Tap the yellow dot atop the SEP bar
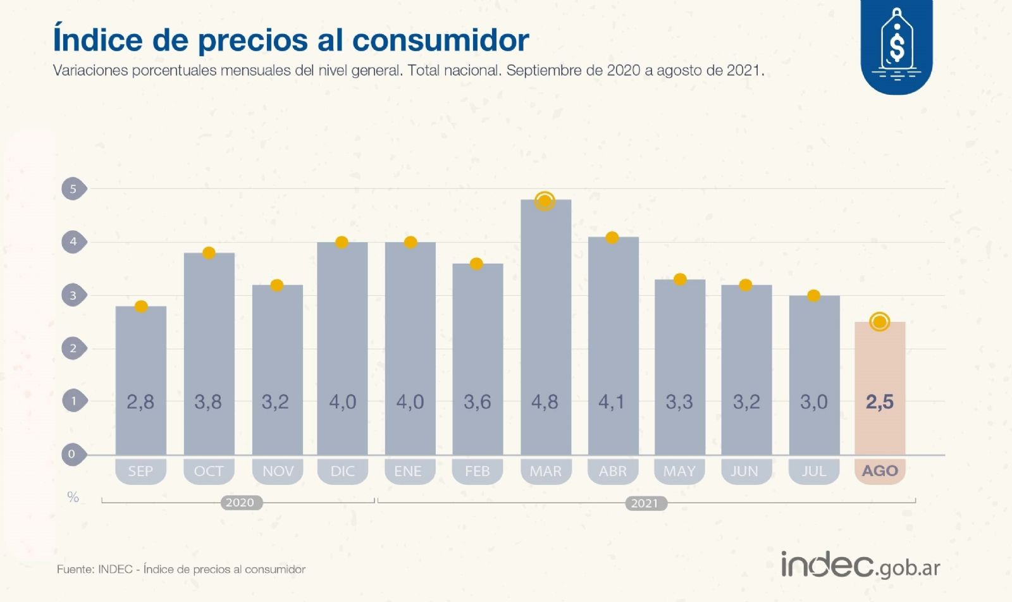(141, 306)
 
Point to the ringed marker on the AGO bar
(879, 322)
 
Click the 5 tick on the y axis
(73, 188)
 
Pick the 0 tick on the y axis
(72, 453)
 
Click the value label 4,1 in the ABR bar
(612, 402)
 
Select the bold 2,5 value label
(879, 402)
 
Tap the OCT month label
(209, 471)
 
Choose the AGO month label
(880, 471)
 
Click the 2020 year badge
(240, 503)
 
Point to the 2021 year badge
(645, 503)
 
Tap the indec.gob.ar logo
(860, 565)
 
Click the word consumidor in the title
(440, 40)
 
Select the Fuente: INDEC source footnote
(181, 569)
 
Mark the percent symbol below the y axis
(73, 498)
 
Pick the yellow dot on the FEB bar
(476, 264)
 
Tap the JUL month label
(813, 471)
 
